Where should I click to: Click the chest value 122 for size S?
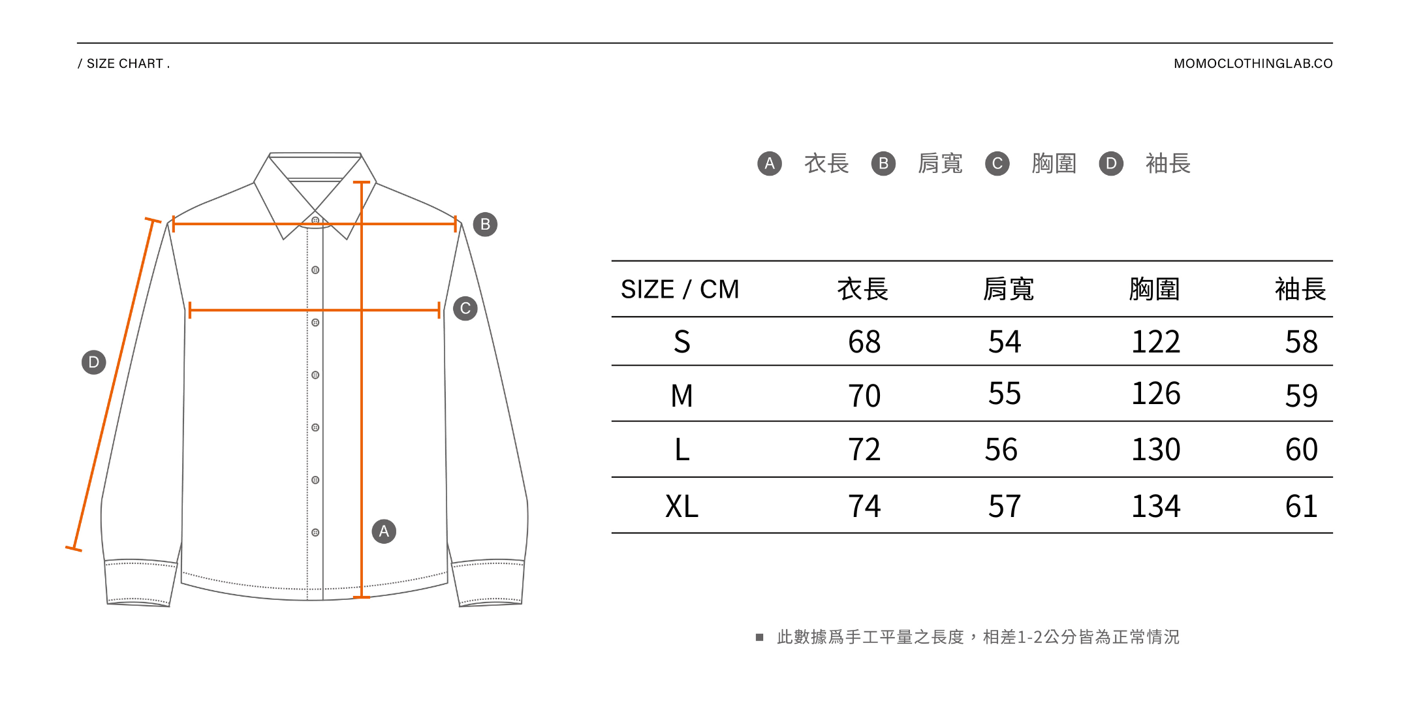click(x=1155, y=342)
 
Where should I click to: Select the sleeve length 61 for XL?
click(x=1301, y=507)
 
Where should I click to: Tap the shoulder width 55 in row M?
click(x=1004, y=394)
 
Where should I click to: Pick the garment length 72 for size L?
click(x=864, y=450)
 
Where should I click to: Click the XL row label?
click(x=681, y=507)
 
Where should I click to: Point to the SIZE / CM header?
click(x=680, y=289)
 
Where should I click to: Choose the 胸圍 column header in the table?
click(x=1154, y=289)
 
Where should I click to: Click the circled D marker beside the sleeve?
click(x=93, y=362)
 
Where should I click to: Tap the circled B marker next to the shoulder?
click(x=485, y=225)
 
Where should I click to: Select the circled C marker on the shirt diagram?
click(x=465, y=308)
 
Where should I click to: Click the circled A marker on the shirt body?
click(x=384, y=531)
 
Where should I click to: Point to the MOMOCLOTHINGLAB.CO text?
click(x=1253, y=63)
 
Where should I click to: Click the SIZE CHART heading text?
click(x=124, y=63)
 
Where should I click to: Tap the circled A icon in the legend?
click(x=770, y=163)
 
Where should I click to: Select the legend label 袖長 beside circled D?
click(x=1168, y=163)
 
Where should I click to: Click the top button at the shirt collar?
click(x=315, y=221)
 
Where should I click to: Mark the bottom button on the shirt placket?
click(x=315, y=533)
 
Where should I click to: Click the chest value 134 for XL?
click(x=1155, y=507)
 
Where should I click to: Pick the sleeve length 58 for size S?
click(x=1301, y=342)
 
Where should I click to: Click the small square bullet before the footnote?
click(x=759, y=637)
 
